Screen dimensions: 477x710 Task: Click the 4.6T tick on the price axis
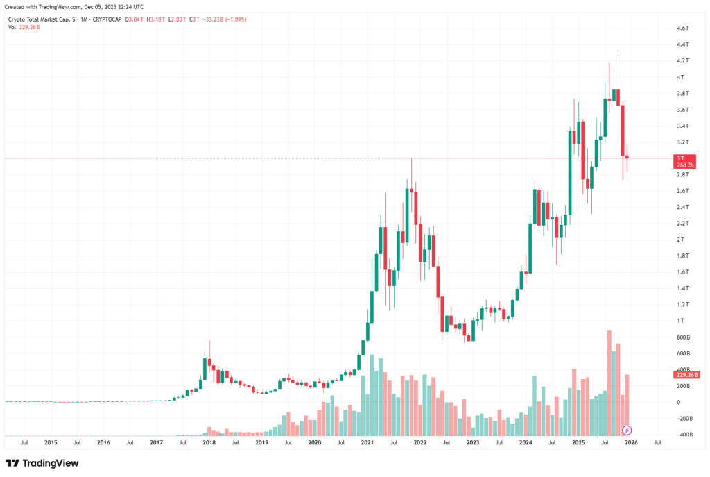click(682, 28)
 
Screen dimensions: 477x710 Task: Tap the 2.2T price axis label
click(682, 224)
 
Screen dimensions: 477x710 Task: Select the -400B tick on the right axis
click(684, 435)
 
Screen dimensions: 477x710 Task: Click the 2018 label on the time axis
click(209, 442)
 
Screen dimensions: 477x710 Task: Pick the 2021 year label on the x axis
click(367, 442)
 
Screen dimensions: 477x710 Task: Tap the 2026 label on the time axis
click(631, 442)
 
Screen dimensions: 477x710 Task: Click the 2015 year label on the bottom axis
click(51, 442)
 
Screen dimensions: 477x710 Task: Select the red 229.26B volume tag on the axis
click(685, 375)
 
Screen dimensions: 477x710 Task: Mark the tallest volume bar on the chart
click(609, 383)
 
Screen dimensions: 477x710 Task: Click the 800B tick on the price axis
click(684, 337)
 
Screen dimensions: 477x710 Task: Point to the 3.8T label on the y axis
click(682, 94)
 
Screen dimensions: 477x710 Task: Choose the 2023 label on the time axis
click(473, 442)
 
